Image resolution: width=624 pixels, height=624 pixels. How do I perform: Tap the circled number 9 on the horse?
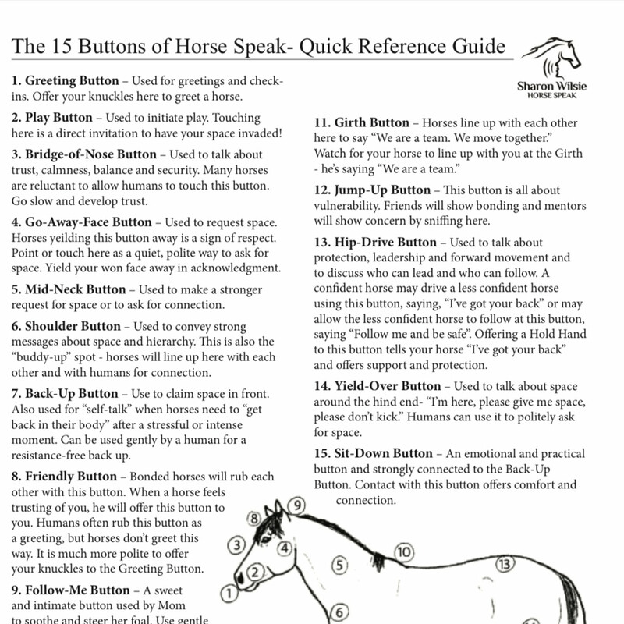[296, 505]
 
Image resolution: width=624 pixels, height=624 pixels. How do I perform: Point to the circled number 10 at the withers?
[403, 552]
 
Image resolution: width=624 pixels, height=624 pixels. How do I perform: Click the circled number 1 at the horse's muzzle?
[229, 594]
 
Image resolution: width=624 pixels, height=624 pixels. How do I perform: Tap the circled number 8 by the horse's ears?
[253, 517]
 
